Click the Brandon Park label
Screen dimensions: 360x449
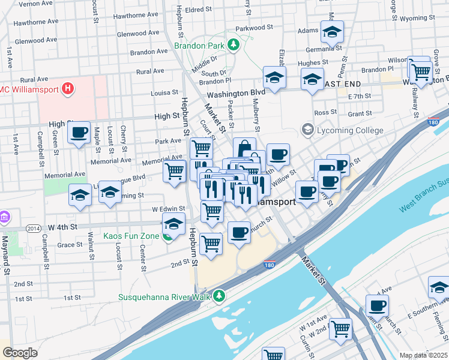click(199, 45)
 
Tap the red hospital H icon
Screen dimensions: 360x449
click(68, 89)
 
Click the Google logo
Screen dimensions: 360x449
click(20, 352)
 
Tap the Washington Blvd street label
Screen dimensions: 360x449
click(236, 94)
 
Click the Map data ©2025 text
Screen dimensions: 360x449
click(423, 355)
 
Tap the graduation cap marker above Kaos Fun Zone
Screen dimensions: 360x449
click(174, 224)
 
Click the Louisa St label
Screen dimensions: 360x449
click(164, 93)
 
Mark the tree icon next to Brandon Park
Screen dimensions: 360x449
click(233, 45)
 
